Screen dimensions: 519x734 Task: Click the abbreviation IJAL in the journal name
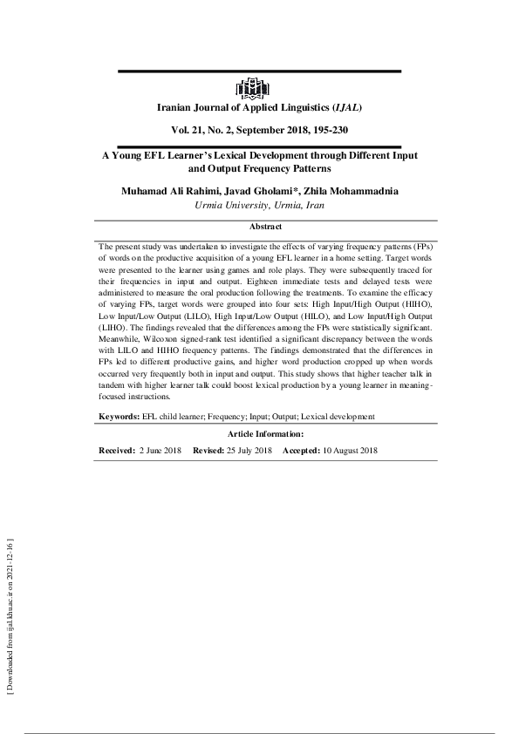[x=346, y=108]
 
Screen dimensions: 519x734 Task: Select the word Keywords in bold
[x=119, y=418]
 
